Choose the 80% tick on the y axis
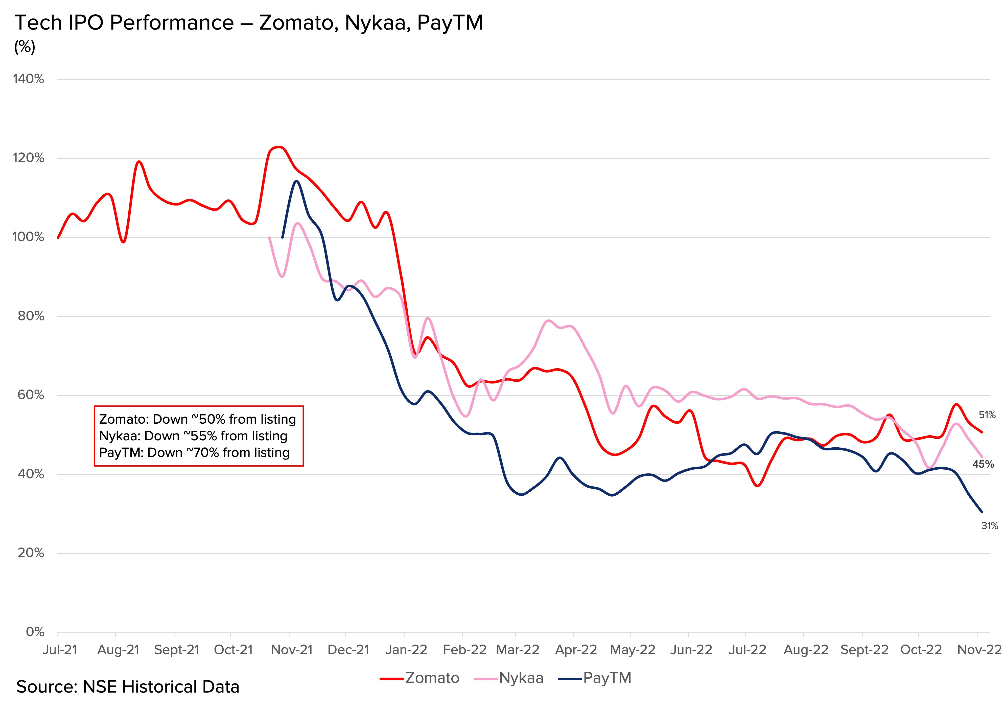pos(31,316)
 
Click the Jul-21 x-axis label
pos(60,650)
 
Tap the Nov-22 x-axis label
pos(979,650)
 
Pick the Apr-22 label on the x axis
pos(576,650)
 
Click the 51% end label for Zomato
pos(987,415)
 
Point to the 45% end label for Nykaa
pos(984,464)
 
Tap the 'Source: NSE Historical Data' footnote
pos(128,687)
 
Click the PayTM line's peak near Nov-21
pos(296,181)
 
